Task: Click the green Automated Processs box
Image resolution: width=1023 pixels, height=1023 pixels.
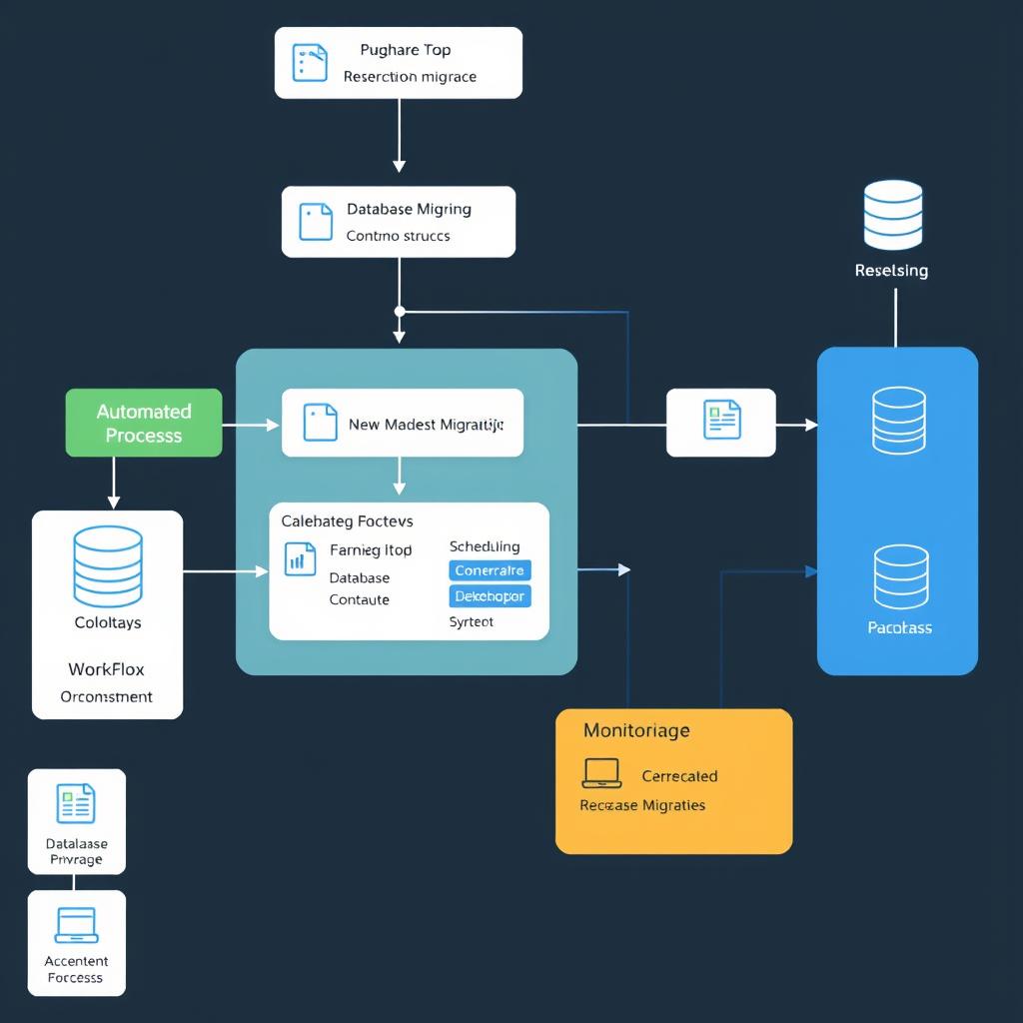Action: [144, 423]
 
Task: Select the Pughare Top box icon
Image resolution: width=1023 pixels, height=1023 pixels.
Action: [310, 62]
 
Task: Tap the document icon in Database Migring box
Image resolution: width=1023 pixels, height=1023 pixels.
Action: [316, 222]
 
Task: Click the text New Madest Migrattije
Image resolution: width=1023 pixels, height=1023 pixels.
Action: [426, 425]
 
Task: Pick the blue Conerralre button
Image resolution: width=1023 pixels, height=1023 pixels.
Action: [490, 570]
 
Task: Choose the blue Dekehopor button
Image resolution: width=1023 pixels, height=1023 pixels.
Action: [490, 596]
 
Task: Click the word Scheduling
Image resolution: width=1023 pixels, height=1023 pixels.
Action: [485, 546]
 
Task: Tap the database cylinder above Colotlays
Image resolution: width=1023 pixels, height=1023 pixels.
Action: [108, 566]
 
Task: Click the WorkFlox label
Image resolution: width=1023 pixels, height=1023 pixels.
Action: [106, 668]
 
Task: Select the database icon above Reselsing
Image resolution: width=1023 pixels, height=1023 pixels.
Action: [892, 215]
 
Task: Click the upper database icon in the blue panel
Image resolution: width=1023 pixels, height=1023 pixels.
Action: [898, 421]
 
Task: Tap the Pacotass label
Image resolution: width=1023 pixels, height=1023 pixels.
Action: [899, 627]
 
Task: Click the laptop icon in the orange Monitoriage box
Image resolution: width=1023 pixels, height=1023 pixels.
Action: [601, 772]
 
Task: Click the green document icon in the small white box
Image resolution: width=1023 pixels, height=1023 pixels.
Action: [721, 420]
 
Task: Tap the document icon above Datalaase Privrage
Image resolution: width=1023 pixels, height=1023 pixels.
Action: [76, 803]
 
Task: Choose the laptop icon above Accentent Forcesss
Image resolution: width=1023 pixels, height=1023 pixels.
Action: [77, 925]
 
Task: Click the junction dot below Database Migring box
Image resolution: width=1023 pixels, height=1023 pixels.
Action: [400, 312]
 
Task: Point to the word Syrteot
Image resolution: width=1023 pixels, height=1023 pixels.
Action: [472, 621]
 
